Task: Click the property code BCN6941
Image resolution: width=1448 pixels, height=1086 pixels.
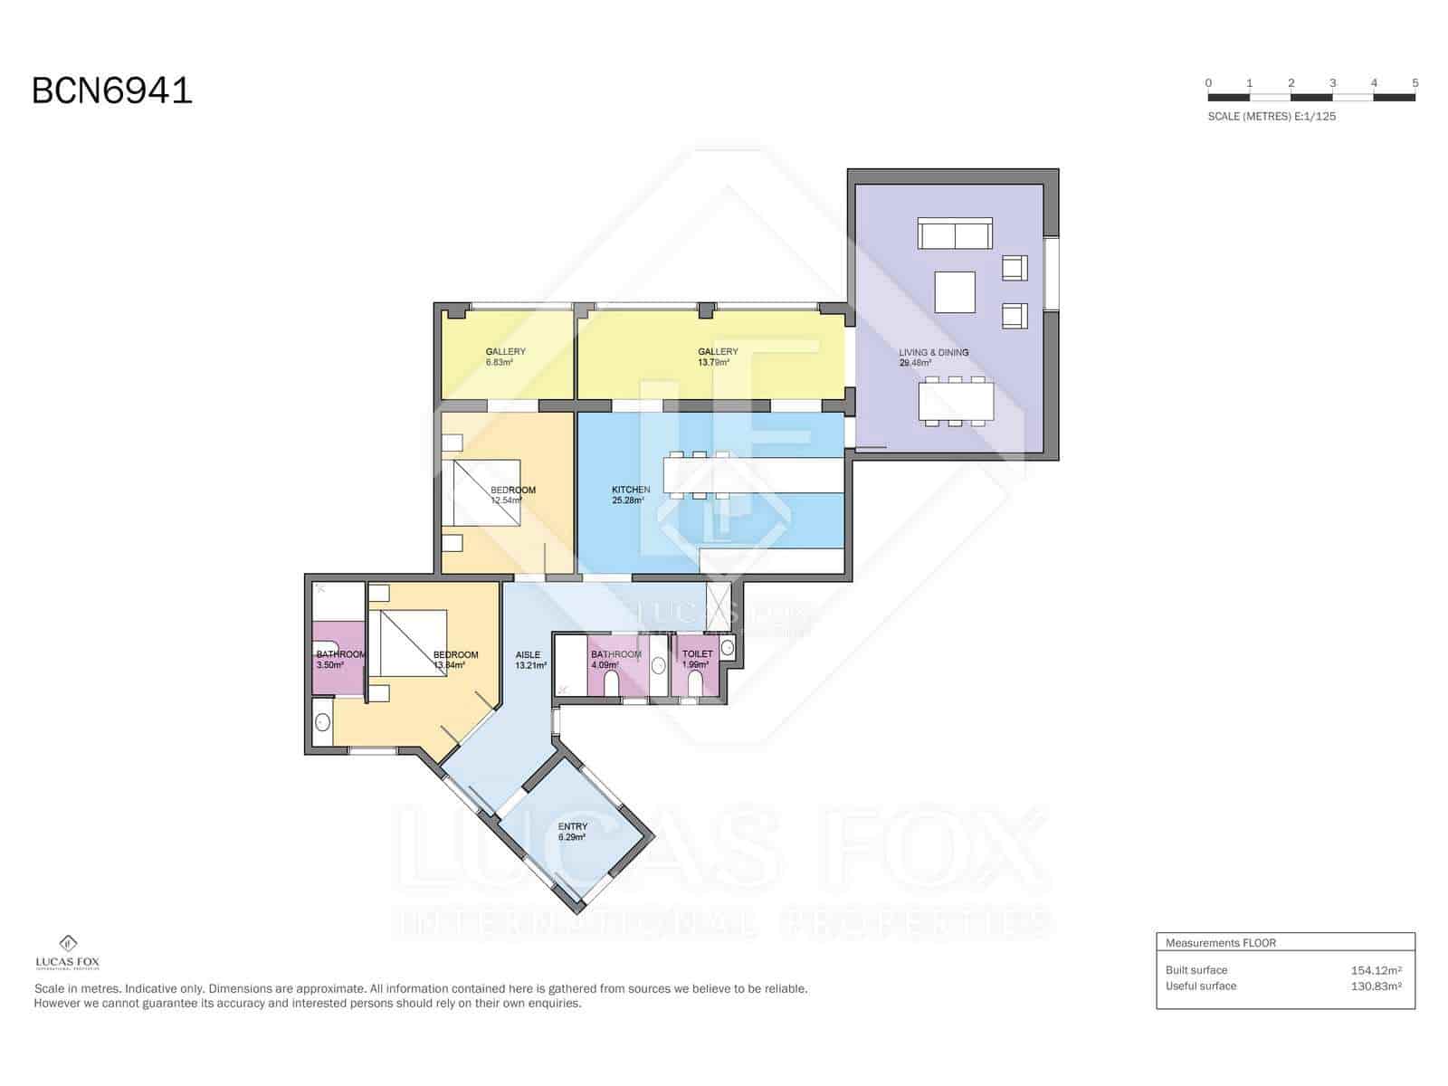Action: (x=112, y=91)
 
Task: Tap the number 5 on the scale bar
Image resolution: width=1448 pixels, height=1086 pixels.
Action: (x=1415, y=83)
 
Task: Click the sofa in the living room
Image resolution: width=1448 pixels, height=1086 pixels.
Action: (x=955, y=233)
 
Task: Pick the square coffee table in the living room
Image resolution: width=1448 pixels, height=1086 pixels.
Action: (x=955, y=292)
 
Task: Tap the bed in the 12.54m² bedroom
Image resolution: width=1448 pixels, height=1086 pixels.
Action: (x=487, y=493)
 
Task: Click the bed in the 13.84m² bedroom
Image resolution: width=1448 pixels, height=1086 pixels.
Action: (x=414, y=643)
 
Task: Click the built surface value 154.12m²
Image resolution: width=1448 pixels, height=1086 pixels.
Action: (x=1376, y=970)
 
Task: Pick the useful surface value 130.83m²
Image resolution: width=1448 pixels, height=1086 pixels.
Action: (x=1376, y=986)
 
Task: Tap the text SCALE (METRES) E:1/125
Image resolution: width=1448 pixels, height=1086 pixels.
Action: (x=1272, y=117)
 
